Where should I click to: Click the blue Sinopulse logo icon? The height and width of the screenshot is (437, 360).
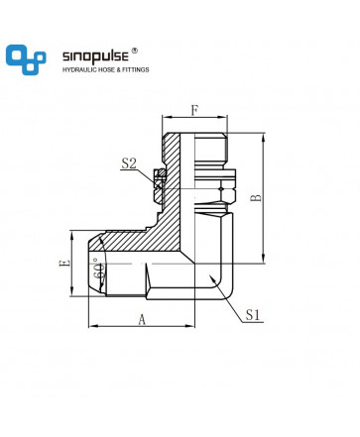click(x=26, y=59)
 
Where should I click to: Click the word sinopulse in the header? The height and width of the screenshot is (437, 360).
click(x=95, y=56)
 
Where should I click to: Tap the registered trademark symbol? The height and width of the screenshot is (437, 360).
click(x=135, y=51)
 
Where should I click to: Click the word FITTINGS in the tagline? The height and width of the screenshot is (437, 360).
click(x=136, y=69)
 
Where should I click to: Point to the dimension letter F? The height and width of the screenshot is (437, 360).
click(x=194, y=110)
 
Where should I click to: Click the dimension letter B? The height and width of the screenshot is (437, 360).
click(x=256, y=198)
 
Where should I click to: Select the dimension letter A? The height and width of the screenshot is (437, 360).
click(x=142, y=320)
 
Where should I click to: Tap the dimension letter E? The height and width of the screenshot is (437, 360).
click(x=64, y=264)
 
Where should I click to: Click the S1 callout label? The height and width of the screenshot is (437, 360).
click(x=253, y=315)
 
